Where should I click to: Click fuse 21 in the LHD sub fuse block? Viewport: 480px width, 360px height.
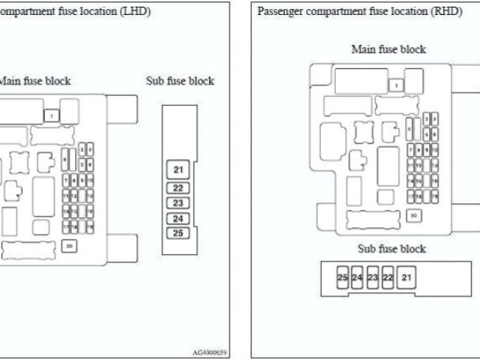(x=178, y=169)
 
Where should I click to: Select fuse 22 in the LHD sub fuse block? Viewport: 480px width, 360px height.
(x=178, y=188)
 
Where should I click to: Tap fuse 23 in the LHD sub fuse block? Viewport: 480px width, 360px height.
(x=178, y=202)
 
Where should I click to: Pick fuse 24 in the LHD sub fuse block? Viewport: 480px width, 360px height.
(x=178, y=218)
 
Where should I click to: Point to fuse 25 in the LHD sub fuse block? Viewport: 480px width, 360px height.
(x=178, y=232)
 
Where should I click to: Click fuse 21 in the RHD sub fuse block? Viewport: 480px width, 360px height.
(x=407, y=277)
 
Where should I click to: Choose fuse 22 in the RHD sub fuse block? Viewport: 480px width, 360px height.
(x=388, y=277)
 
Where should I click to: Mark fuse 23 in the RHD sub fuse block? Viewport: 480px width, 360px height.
(x=373, y=277)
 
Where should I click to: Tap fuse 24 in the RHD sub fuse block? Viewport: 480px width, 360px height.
(x=357, y=277)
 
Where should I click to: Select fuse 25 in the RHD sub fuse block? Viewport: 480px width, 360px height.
(x=342, y=277)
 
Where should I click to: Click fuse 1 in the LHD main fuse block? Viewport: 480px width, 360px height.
(x=51, y=115)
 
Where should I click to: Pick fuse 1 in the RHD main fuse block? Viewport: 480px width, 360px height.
(x=396, y=85)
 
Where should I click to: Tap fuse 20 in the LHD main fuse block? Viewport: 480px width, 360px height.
(x=69, y=245)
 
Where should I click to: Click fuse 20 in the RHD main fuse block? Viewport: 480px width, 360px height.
(x=414, y=215)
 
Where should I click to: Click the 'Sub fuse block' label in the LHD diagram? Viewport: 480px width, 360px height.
(x=180, y=81)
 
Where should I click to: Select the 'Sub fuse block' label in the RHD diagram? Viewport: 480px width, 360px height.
(x=391, y=249)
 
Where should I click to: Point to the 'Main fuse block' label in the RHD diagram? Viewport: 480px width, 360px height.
(x=388, y=49)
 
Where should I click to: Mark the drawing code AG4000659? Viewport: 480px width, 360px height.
(x=210, y=352)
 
